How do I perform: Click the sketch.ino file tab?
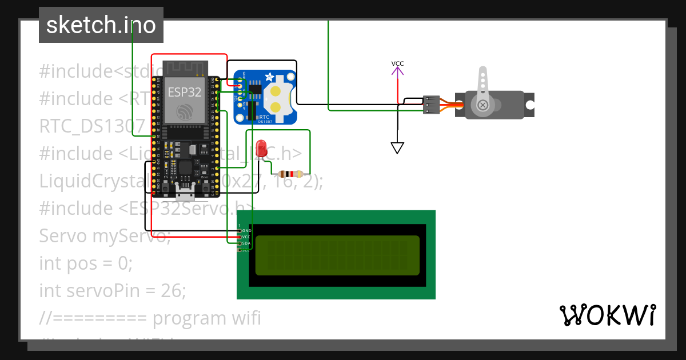coord(101,25)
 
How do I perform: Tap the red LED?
coord(262,149)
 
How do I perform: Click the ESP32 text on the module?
coord(184,91)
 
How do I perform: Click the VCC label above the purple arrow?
coord(397,63)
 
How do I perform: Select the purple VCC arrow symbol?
coord(397,73)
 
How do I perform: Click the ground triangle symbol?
coord(397,148)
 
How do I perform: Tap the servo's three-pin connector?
coord(431,105)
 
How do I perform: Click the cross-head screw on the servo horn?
coord(483,105)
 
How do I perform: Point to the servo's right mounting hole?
coord(529,105)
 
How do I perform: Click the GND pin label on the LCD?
coord(247,230)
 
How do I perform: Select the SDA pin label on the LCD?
coord(247,243)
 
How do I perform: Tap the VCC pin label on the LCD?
coord(247,237)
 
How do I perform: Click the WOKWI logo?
coord(607,315)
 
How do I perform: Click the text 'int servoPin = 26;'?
coord(113,291)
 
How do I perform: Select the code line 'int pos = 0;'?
coord(86,263)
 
